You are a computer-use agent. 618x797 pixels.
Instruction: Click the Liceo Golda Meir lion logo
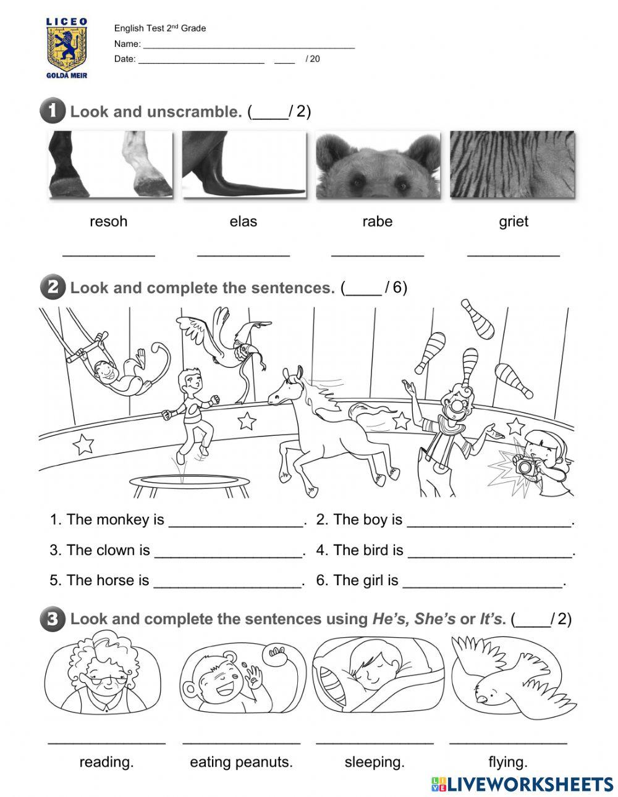coord(67,48)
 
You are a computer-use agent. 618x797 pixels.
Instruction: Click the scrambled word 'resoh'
coord(108,222)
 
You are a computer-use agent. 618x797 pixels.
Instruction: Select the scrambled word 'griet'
coord(513,222)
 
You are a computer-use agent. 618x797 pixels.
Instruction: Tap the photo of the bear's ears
coord(378,165)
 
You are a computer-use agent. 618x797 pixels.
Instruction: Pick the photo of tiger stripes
coord(512,165)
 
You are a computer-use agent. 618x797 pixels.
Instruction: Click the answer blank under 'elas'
coord(243,252)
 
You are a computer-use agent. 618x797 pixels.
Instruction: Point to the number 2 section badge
coord(52,288)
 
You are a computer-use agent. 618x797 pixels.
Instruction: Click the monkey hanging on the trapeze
coord(124,370)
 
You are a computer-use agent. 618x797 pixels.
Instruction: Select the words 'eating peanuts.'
coord(241,762)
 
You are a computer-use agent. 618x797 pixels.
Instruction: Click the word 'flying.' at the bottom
coord(507,762)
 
